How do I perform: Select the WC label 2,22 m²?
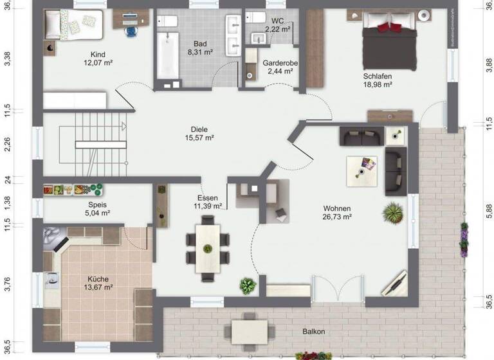click(277, 30)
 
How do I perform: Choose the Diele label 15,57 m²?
click(199, 138)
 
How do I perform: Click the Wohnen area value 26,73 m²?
click(337, 217)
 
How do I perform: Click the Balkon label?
click(314, 332)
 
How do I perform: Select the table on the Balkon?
click(249, 332)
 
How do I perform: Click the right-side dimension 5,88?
click(488, 212)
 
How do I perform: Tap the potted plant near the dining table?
click(247, 285)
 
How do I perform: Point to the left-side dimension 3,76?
click(7, 284)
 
